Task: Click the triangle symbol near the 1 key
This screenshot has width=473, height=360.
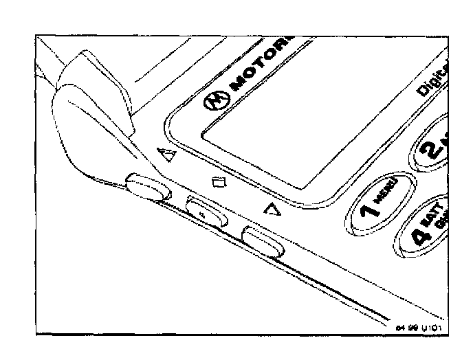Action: tap(274, 211)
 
